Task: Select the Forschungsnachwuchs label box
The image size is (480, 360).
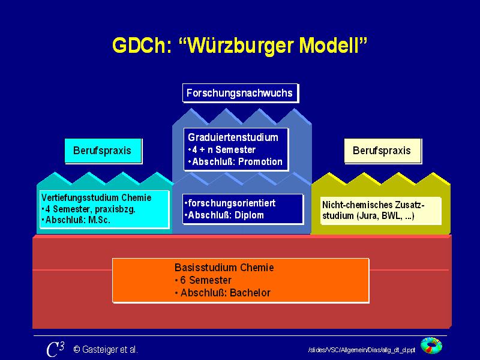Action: tap(240, 93)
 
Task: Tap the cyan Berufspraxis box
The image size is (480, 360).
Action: tap(103, 151)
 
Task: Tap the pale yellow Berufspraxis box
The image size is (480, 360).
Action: tap(382, 151)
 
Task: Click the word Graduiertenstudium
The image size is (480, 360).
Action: tap(233, 137)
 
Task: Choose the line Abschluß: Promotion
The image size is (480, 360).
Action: tap(236, 161)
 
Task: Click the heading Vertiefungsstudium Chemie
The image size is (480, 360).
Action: tap(97, 197)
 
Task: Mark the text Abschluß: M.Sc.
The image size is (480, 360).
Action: tap(77, 220)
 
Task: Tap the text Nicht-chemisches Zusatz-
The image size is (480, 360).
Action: tap(373, 205)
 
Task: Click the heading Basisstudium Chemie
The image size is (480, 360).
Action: tap(224, 268)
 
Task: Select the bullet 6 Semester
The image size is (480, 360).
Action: tap(204, 280)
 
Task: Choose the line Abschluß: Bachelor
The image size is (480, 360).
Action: tap(224, 293)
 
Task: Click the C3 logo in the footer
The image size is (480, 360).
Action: tap(55, 349)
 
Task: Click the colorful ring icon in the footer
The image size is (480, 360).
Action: tap(431, 346)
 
